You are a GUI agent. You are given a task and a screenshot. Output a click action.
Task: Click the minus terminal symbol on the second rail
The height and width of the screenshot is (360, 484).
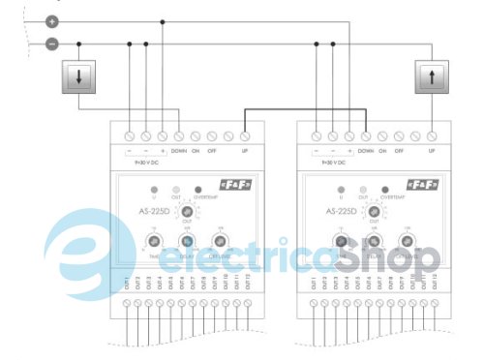point(52,43)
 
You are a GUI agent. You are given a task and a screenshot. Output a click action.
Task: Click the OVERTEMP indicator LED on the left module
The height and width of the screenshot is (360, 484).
point(198,190)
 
